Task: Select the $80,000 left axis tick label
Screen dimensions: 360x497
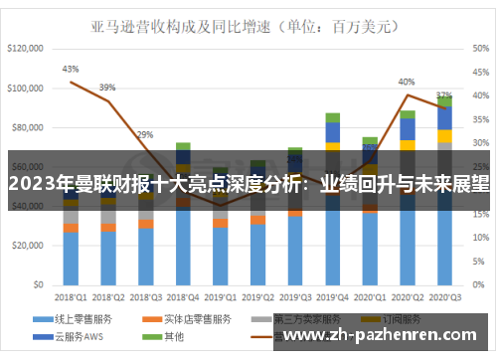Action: click(26, 128)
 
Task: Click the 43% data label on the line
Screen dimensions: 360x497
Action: click(71, 70)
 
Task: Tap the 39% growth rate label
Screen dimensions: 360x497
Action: click(106, 88)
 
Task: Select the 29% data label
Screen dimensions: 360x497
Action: click(145, 134)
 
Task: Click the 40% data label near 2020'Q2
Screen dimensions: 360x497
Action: click(406, 82)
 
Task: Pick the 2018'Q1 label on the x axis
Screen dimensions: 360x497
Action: click(71, 296)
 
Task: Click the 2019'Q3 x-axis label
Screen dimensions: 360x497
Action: click(294, 296)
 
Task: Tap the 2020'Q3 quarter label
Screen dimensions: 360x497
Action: click(443, 296)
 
